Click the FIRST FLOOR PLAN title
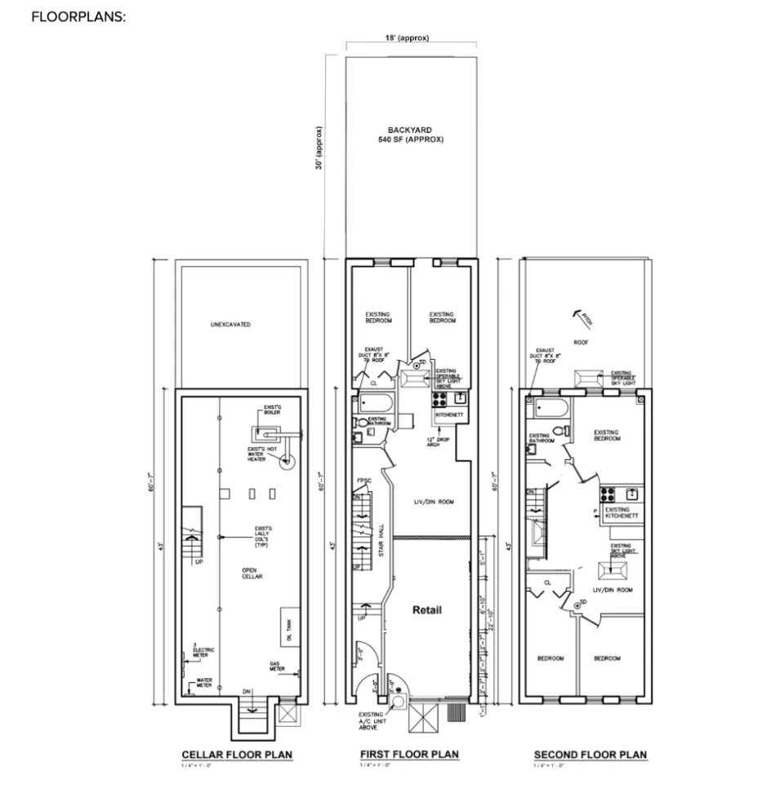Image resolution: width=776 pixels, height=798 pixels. click(408, 754)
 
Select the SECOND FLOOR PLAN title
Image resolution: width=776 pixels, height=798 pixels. click(590, 755)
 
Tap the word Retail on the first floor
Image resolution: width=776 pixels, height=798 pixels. click(426, 610)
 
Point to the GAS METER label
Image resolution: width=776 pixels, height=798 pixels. click(279, 667)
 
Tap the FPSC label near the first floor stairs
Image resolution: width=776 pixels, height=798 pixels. click(363, 481)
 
